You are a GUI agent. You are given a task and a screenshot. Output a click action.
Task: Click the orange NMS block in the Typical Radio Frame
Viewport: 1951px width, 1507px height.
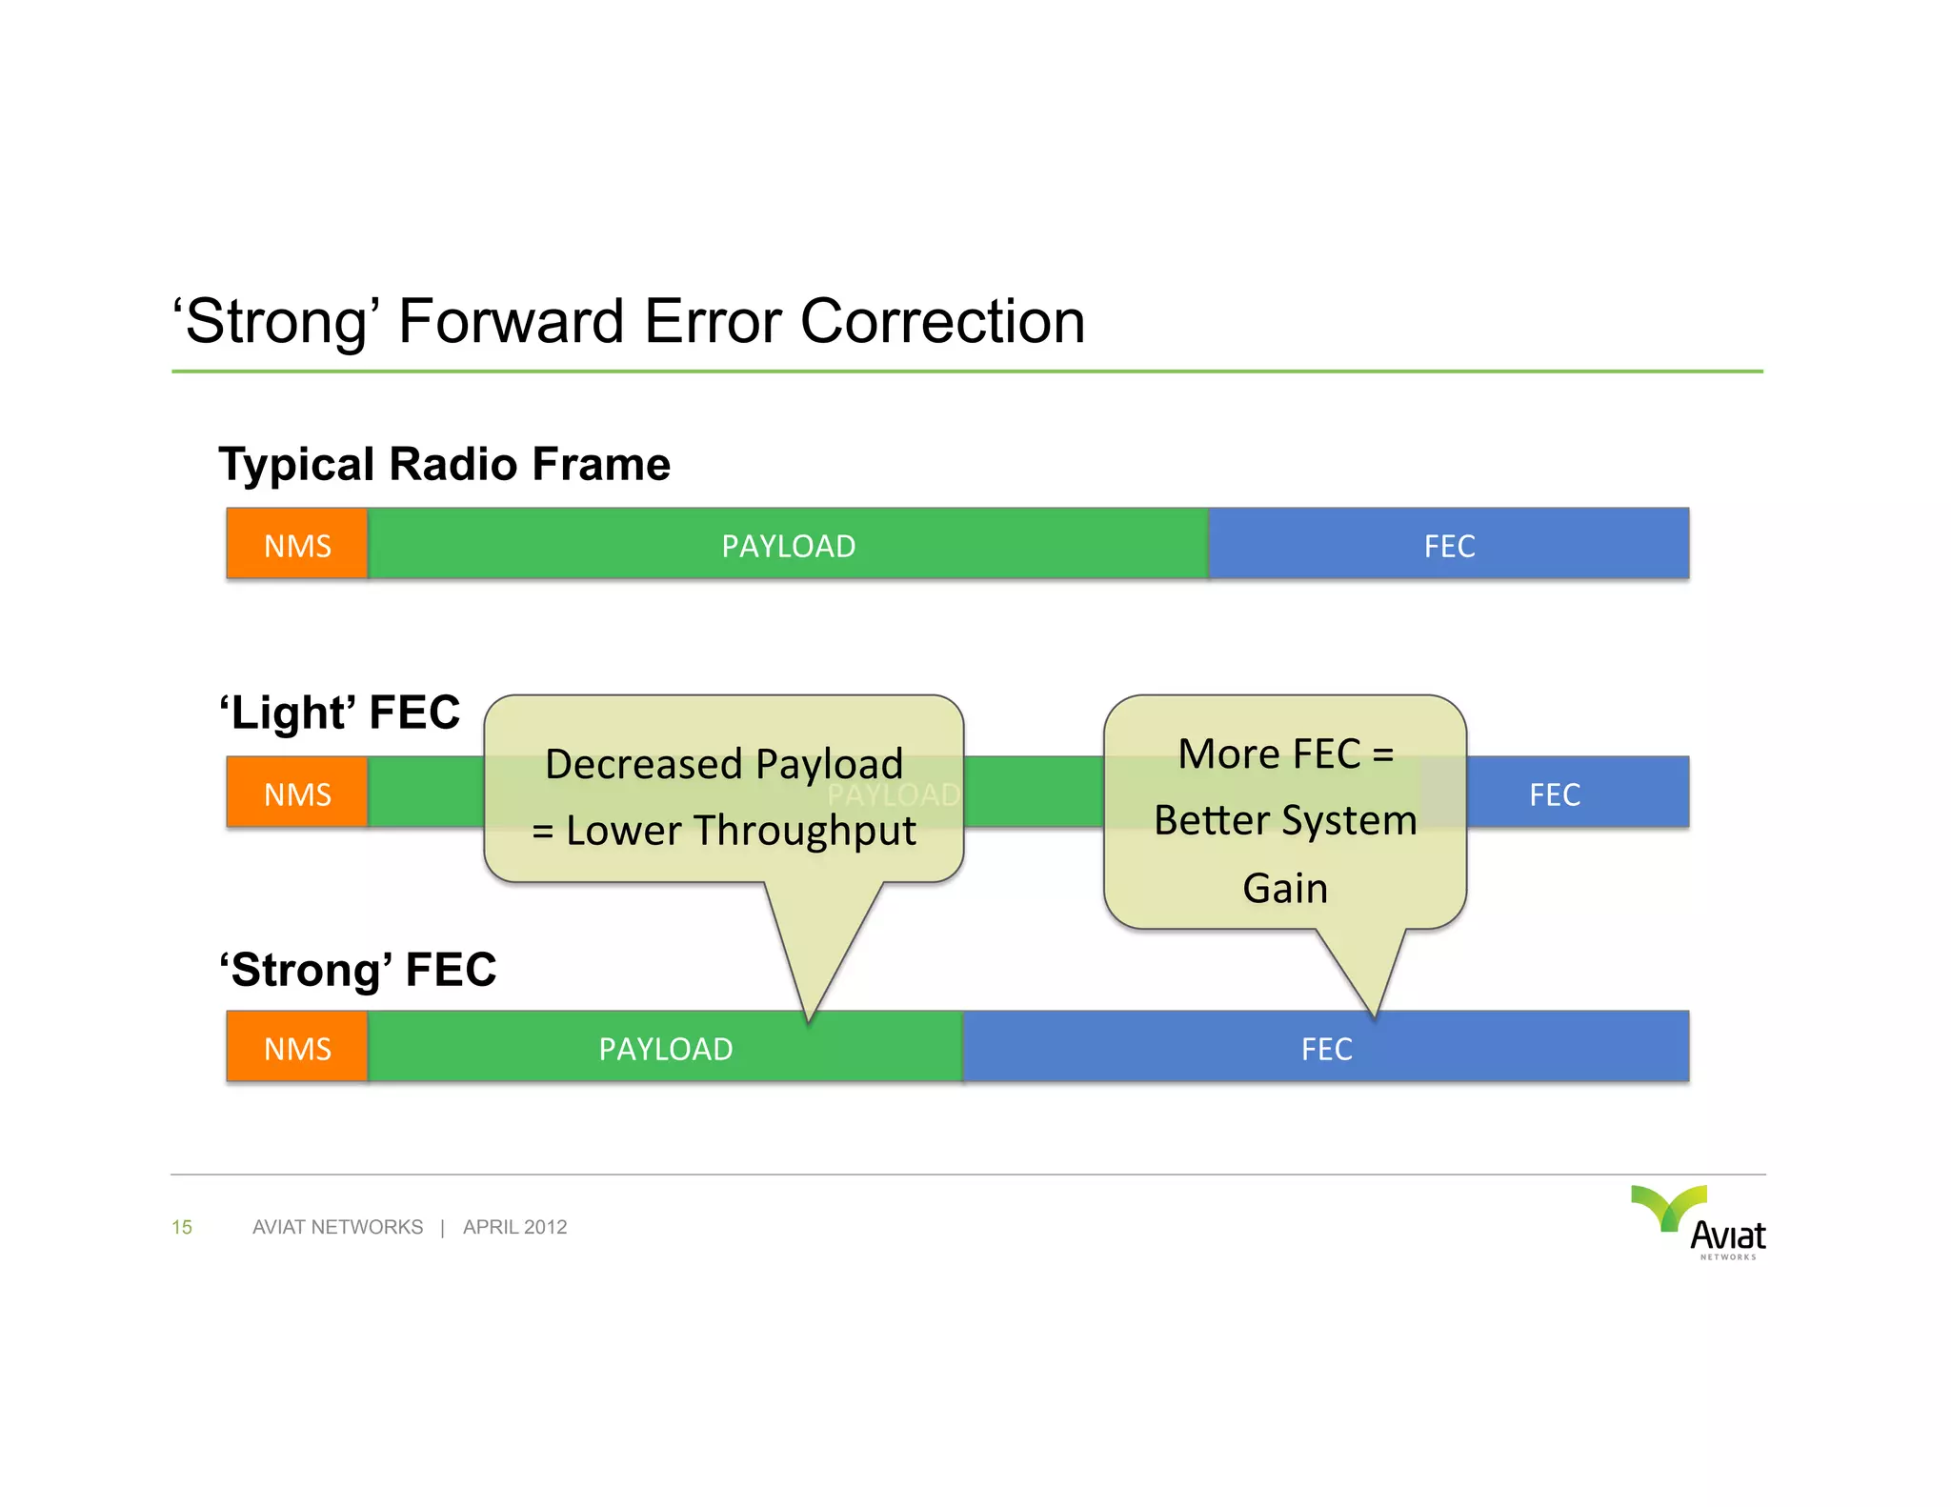tap(297, 544)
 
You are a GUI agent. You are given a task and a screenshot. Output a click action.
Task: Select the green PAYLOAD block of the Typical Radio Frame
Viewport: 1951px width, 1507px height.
tap(788, 544)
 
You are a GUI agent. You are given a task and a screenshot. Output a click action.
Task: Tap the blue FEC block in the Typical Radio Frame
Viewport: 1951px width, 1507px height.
tap(1448, 544)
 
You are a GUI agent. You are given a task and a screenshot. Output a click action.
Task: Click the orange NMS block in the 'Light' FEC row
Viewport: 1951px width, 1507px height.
tap(297, 793)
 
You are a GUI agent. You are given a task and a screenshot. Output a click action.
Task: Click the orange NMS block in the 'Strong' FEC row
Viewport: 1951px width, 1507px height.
tap(297, 1047)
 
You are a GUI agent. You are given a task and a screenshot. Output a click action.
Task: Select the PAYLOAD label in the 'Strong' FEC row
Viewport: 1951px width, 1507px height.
tap(666, 1049)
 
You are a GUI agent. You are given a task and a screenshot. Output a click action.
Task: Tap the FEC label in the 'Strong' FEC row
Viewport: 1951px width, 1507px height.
tap(1326, 1049)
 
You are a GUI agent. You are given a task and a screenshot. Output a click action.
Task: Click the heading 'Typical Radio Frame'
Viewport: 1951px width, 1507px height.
tap(445, 464)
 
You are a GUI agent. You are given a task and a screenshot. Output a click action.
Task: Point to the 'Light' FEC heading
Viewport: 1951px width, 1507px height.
tap(340, 713)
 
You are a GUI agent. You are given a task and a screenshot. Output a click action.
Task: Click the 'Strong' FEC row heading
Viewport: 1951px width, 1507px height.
tap(358, 970)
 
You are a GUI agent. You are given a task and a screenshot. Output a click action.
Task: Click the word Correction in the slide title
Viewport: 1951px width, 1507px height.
tap(942, 321)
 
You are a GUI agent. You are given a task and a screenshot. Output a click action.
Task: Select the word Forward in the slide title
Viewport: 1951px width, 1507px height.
tap(511, 321)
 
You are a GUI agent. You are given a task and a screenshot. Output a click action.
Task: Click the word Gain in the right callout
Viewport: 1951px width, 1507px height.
tap(1285, 888)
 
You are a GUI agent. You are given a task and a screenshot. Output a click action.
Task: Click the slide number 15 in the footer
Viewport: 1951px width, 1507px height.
tap(182, 1227)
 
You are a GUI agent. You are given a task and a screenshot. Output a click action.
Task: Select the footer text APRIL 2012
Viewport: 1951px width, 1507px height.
tap(514, 1227)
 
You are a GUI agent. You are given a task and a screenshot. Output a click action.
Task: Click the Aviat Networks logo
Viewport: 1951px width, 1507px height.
tap(1700, 1222)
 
